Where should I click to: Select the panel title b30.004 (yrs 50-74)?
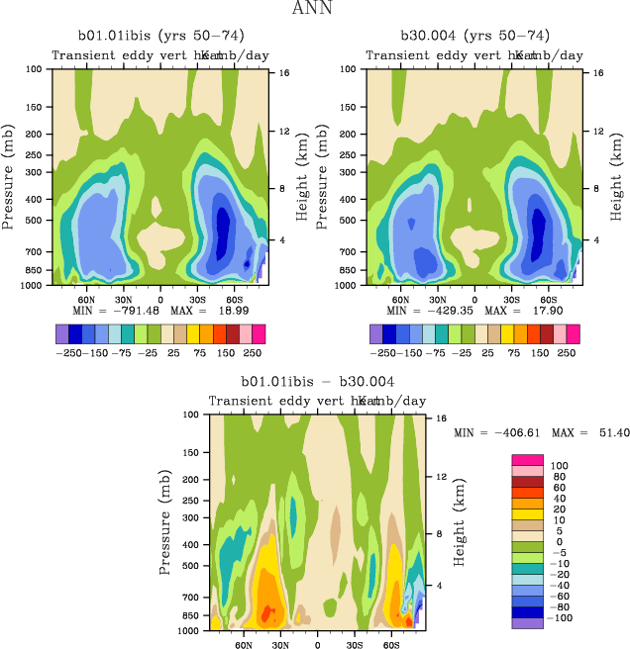pyautogui.click(x=473, y=37)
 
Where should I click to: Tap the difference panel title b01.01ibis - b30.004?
pyautogui.click(x=318, y=382)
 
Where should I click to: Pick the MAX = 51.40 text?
pyautogui.click(x=594, y=433)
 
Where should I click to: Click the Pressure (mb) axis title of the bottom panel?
pyautogui.click(x=165, y=522)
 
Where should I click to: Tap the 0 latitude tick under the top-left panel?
pyautogui.click(x=160, y=299)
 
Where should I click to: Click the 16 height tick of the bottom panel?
pyautogui.click(x=443, y=418)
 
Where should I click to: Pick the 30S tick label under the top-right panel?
pyautogui.click(x=509, y=299)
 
